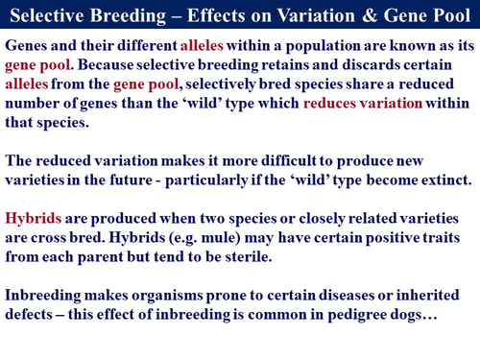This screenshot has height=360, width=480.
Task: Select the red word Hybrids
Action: click(x=35, y=219)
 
